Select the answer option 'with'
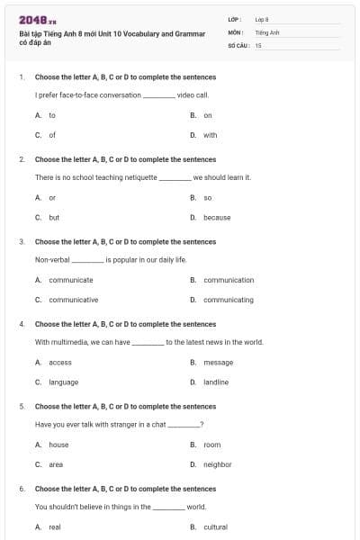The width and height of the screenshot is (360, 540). click(x=210, y=135)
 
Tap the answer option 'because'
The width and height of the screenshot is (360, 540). click(x=216, y=217)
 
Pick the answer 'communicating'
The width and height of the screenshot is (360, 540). click(x=229, y=300)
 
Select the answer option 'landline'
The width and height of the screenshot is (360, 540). click(x=216, y=382)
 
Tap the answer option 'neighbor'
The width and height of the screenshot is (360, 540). click(x=217, y=464)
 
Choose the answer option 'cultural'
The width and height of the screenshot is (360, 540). click(x=215, y=526)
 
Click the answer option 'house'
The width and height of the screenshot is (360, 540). click(x=58, y=445)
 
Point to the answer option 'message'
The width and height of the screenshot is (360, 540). click(x=218, y=362)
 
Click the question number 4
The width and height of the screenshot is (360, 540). click(x=22, y=324)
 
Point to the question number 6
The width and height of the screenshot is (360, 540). click(x=22, y=489)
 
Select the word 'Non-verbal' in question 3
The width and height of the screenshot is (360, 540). click(x=52, y=259)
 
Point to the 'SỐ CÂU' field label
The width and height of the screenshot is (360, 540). click(x=238, y=44)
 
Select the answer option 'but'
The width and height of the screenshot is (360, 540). click(x=54, y=217)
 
